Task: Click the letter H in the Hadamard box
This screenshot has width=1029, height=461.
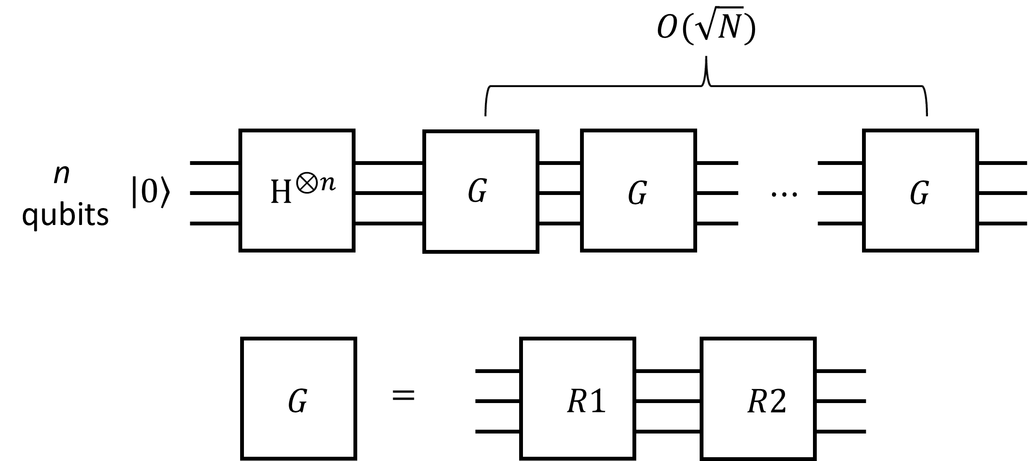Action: [x=281, y=194]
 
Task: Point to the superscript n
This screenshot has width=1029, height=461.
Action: [x=328, y=183]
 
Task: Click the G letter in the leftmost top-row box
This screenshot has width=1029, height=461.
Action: [x=477, y=192]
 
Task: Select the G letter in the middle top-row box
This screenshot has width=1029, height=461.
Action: [x=637, y=194]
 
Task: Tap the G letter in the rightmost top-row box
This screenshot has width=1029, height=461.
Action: [x=919, y=194]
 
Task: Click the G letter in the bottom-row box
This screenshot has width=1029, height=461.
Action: [x=297, y=401]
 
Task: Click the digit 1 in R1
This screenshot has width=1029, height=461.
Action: [x=598, y=401]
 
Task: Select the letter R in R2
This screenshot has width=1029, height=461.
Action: [x=758, y=401]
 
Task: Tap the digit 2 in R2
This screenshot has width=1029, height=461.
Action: [x=778, y=401]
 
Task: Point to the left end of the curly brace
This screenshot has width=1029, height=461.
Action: [x=486, y=113]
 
